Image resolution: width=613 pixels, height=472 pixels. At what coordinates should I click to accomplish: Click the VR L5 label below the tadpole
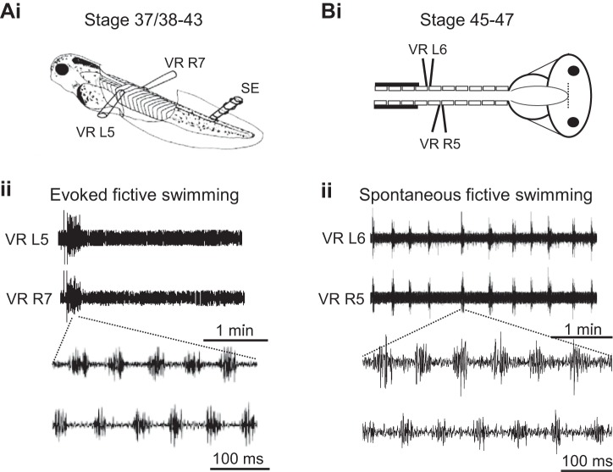pos(87,132)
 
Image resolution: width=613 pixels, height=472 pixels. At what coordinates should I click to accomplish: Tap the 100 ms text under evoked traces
pos(239,460)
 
